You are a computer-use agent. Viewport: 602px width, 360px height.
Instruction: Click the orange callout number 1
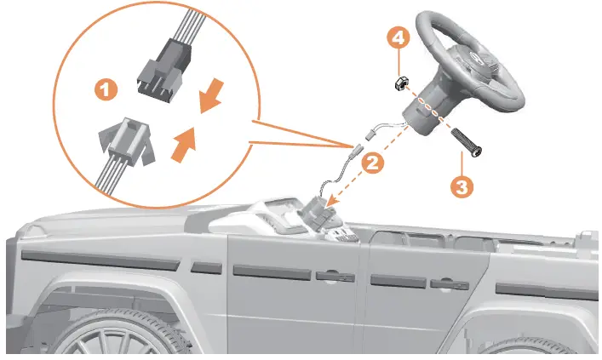pos(106,90)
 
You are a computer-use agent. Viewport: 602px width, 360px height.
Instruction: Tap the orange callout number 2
pos(372,163)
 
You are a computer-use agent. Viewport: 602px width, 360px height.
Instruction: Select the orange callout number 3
pos(462,187)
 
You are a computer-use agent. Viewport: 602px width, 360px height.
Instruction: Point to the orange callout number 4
pos(398,38)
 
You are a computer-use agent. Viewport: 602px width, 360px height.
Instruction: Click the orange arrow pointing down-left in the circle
pos(211,95)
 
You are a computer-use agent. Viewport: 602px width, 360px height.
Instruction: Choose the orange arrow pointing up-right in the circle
pos(184,145)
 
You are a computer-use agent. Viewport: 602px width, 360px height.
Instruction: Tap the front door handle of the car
pos(335,277)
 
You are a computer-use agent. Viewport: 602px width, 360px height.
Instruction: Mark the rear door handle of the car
pos(450,284)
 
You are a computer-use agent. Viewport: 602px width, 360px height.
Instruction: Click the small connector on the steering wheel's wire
pos(370,134)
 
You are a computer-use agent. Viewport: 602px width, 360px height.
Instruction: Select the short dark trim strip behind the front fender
pos(207,267)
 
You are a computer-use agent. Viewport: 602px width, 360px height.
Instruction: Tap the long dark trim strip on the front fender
pos(100,260)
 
